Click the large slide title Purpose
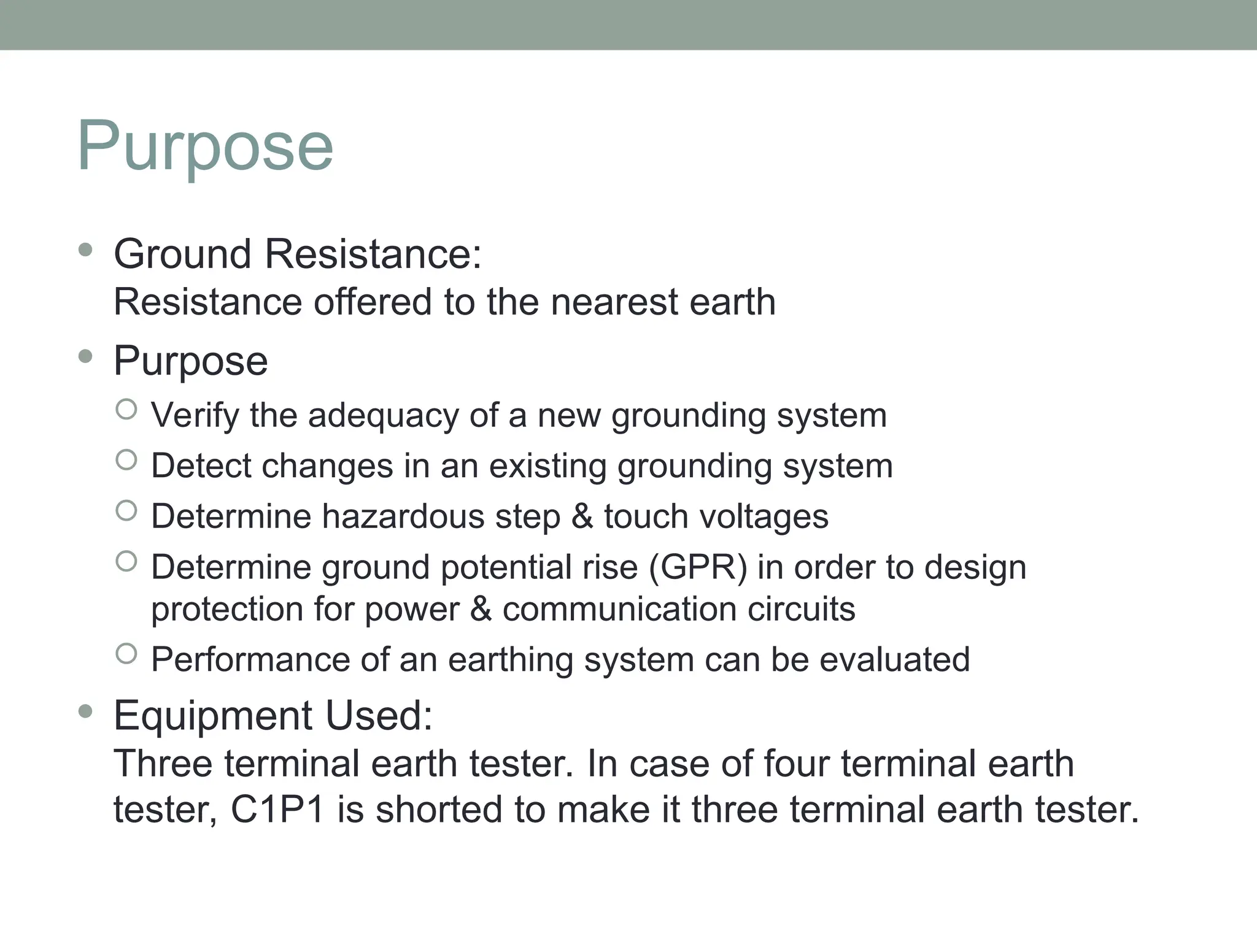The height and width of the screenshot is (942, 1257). pos(205,146)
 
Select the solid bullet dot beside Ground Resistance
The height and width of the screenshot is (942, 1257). pos(86,250)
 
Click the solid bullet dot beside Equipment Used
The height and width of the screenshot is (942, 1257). pos(86,711)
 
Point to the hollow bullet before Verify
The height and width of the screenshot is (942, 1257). pos(126,409)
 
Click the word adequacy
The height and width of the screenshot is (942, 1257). pos(383,416)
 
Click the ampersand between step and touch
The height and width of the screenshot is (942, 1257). pos(582,516)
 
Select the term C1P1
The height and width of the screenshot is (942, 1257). pos(277,810)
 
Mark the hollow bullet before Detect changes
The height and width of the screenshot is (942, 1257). pos(126,460)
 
